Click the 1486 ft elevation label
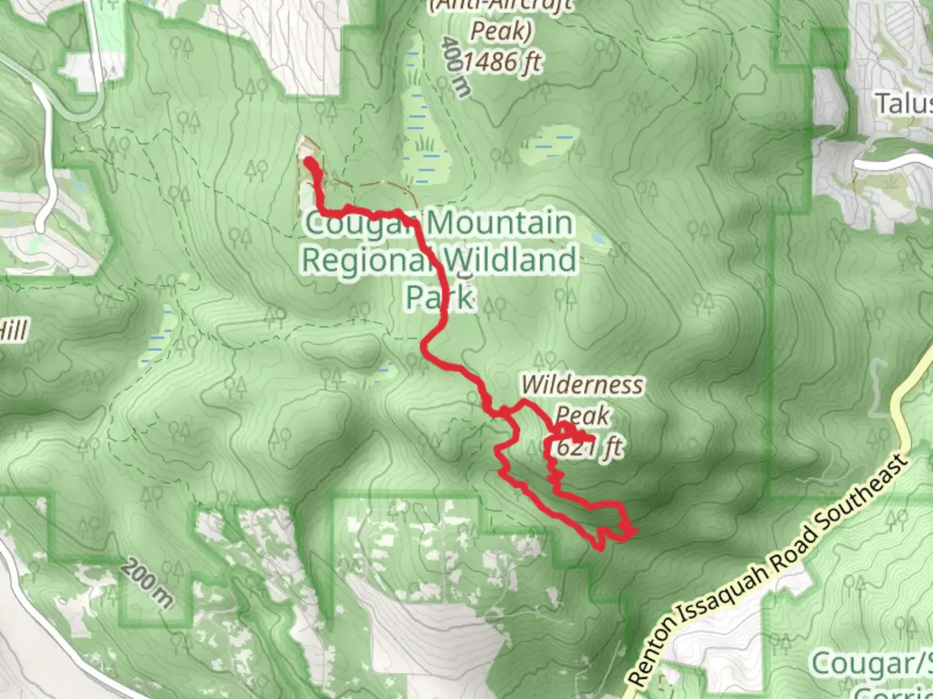point(502,62)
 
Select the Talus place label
point(904,104)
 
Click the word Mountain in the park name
point(499,223)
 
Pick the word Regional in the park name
point(366,261)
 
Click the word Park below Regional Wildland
point(441,298)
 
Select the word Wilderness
point(582,384)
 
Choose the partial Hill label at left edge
point(13,331)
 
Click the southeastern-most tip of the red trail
point(633,532)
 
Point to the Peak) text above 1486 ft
point(500,30)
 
